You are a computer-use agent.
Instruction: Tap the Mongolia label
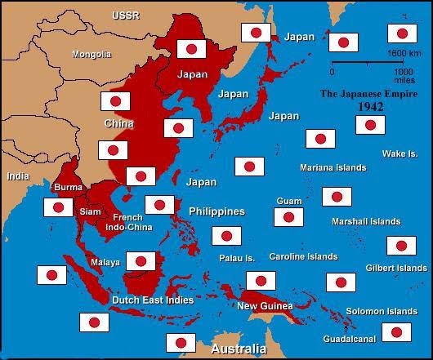pyautogui.click(x=92, y=55)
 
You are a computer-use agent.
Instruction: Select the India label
pyautogui.click(x=17, y=176)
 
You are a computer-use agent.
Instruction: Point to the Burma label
pyautogui.click(x=68, y=188)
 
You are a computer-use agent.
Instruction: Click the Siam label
pyautogui.click(x=91, y=211)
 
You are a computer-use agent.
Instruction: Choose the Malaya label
pyautogui.click(x=106, y=262)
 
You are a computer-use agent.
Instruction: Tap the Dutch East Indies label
pyautogui.click(x=152, y=300)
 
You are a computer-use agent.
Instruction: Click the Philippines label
pyautogui.click(x=216, y=211)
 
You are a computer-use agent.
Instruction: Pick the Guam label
pyautogui.click(x=289, y=200)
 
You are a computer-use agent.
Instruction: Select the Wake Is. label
pyautogui.click(x=400, y=153)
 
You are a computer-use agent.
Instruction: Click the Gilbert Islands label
pyautogui.click(x=395, y=268)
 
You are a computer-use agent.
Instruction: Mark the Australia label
pyautogui.click(x=239, y=349)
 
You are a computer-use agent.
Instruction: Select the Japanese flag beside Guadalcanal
pyautogui.click(x=396, y=331)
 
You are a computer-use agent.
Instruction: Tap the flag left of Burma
pyautogui.click(x=58, y=207)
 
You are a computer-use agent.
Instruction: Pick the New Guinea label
pyautogui.click(x=260, y=306)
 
